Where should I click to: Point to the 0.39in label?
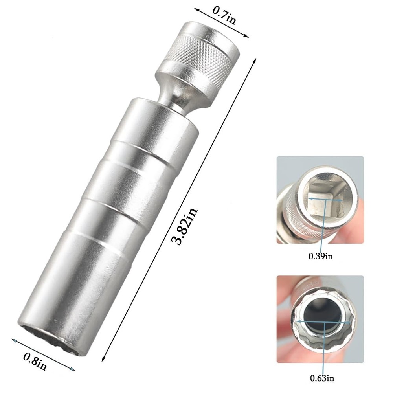(320, 256)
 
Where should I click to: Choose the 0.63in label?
(322, 378)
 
